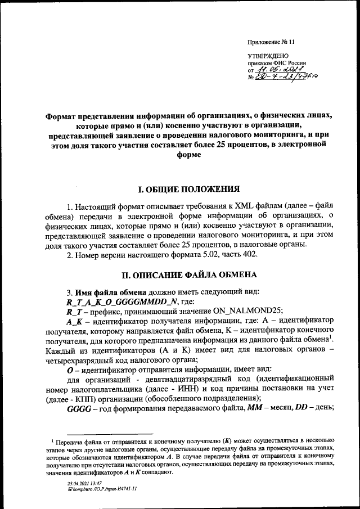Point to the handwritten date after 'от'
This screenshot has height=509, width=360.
(274, 70)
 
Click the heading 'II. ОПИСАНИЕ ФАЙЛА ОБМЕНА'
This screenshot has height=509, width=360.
(182, 275)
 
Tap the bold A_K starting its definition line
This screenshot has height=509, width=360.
(74, 320)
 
